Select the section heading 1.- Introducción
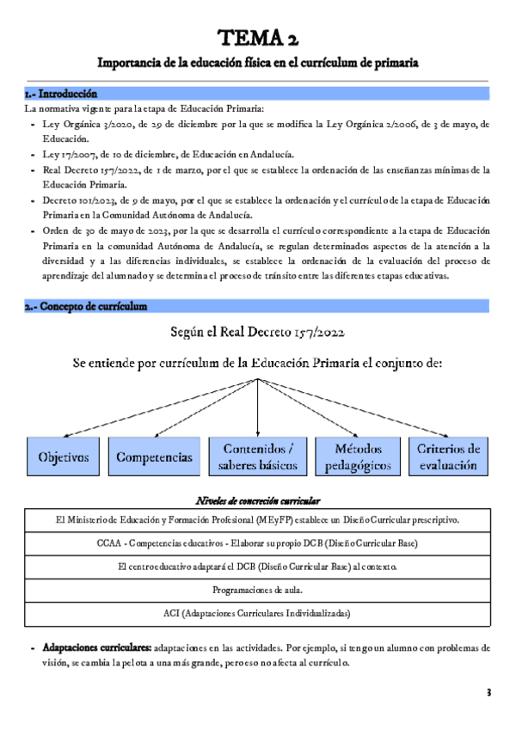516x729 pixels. pos(61,93)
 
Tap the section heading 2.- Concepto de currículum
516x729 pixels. pos(86,306)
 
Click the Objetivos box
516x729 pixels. pos(64,456)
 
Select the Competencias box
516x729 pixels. pos(155,456)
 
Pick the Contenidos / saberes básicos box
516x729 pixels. pos(258,456)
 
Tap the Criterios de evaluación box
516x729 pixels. pos(448,456)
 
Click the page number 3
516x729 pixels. pos(488,692)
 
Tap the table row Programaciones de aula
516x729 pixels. pos(257,590)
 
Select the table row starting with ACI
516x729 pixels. pos(257,613)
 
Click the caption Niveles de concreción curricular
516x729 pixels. pos(258,500)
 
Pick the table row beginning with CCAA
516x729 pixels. pos(257,543)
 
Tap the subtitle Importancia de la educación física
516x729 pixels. pos(258,63)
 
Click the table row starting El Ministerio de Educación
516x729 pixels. pos(257,520)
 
